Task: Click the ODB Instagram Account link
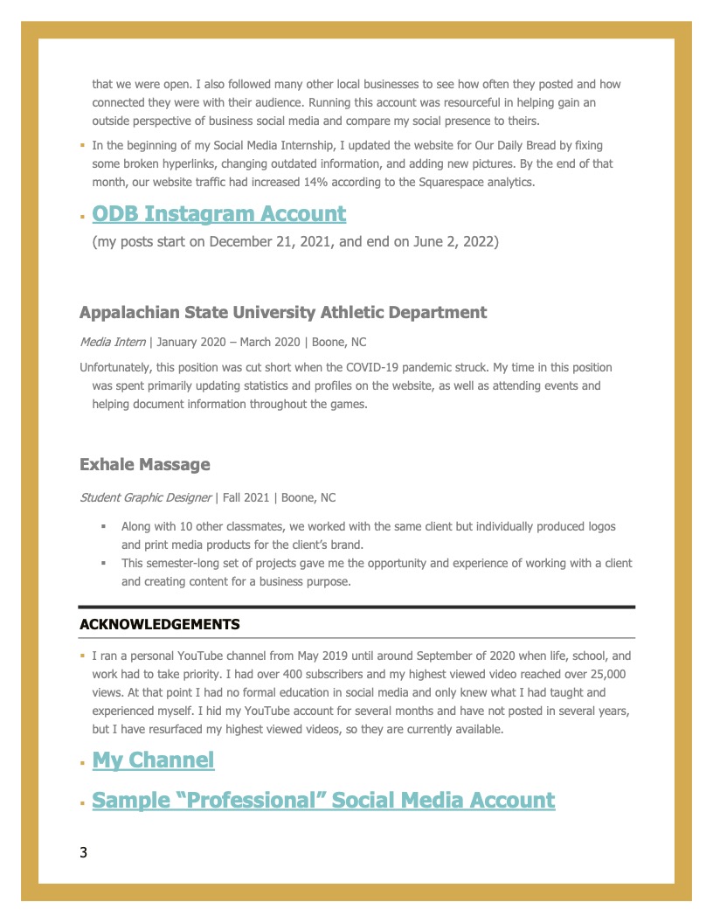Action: tap(218, 214)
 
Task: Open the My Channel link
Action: tap(153, 760)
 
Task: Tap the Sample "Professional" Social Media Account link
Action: tap(323, 800)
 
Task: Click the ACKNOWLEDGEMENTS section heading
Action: tap(159, 625)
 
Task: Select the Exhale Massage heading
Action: tap(144, 464)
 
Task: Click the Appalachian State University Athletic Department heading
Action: tap(283, 312)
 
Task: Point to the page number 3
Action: tap(83, 853)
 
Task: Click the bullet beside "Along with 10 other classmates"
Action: tap(103, 527)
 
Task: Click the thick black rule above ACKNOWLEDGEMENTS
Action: tap(356, 607)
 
